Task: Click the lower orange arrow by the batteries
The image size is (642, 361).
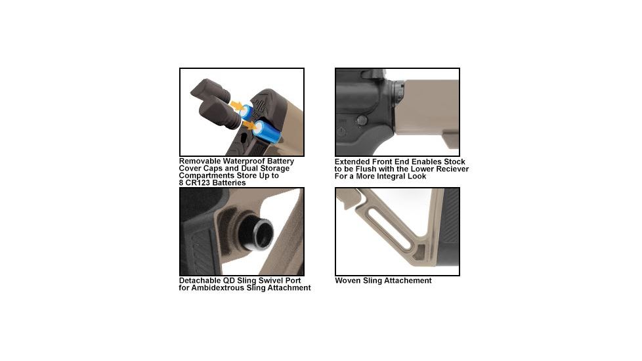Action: [248, 123]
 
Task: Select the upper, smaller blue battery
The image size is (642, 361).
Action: [246, 110]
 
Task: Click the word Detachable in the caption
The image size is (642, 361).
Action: [200, 281]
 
